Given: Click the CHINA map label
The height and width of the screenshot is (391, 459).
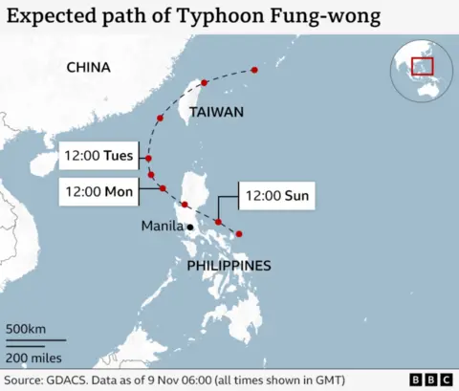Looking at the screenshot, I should click(89, 68).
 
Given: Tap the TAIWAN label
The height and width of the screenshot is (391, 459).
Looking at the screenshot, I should click(216, 112).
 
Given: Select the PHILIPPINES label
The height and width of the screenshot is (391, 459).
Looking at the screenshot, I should click(229, 265).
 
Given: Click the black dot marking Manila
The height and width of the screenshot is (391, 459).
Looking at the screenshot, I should click(190, 227).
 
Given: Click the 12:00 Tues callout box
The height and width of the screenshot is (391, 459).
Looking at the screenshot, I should click(98, 154).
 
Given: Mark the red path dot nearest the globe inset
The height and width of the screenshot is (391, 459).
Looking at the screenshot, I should click(254, 69).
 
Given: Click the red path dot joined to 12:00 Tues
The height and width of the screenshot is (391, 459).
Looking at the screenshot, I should click(148, 158).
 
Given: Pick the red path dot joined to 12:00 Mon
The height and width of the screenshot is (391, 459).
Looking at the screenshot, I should click(163, 188).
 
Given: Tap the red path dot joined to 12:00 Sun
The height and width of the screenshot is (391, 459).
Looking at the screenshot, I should click(219, 223).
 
